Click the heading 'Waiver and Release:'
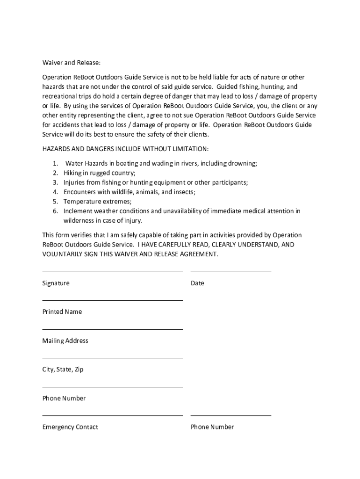pyautogui.click(x=71, y=63)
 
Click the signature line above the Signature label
pyautogui.click(x=112, y=271)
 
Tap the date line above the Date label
pyautogui.click(x=230, y=271)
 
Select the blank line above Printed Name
pyautogui.click(x=112, y=300)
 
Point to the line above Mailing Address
pyautogui.click(x=112, y=329)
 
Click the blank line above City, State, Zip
pyautogui.click(x=112, y=358)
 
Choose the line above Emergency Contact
pyautogui.click(x=112, y=415)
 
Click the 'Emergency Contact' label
pyautogui.click(x=70, y=427)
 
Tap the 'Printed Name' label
pyautogui.click(x=62, y=312)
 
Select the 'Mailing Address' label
pyautogui.click(x=65, y=341)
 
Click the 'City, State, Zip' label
pyautogui.click(x=63, y=370)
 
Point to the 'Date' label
pyautogui.click(x=197, y=283)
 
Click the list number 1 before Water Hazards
pyautogui.click(x=55, y=163)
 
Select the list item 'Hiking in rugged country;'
pyautogui.click(x=100, y=173)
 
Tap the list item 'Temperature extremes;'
pyautogui.click(x=97, y=202)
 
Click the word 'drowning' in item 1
pyautogui.click(x=242, y=163)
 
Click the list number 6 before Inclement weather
pyautogui.click(x=55, y=211)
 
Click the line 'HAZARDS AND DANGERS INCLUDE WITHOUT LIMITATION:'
pyautogui.click(x=125, y=149)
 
